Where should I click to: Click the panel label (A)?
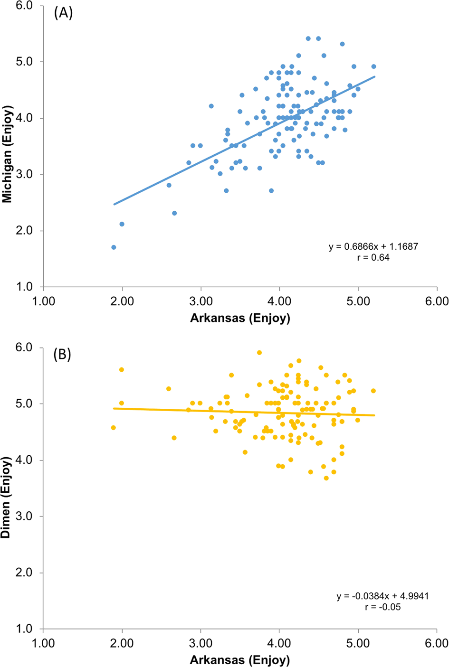pyautogui.click(x=63, y=13)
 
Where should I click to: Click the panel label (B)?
pyautogui.click(x=63, y=355)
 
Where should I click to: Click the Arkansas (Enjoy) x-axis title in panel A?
pyautogui.click(x=240, y=318)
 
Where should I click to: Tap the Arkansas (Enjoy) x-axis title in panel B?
pyautogui.click(x=240, y=659)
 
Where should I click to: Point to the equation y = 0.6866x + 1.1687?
pyautogui.click(x=373, y=247)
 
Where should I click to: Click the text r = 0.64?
pyautogui.click(x=373, y=258)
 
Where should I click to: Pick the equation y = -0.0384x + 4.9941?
pyautogui.click(x=382, y=596)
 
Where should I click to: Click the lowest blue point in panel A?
pyautogui.click(x=114, y=247)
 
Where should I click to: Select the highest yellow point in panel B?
pyautogui.click(x=259, y=353)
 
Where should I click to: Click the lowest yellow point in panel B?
pyautogui.click(x=326, y=478)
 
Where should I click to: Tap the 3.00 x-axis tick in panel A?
pyautogui.click(x=201, y=301)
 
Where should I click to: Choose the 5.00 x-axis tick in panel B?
pyautogui.click(x=358, y=643)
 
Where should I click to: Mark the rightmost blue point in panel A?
pyautogui.click(x=373, y=66)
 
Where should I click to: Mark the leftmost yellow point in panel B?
pyautogui.click(x=114, y=428)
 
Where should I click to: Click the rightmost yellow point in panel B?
pyautogui.click(x=373, y=391)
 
